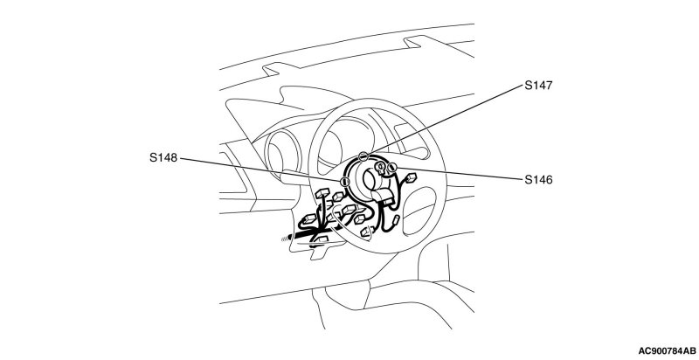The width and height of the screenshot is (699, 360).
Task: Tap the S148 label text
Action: (x=164, y=159)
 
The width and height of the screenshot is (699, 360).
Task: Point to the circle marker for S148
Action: (x=345, y=182)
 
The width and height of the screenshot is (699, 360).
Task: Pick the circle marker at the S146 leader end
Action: (x=391, y=168)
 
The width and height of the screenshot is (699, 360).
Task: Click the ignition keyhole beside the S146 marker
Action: (x=381, y=167)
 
